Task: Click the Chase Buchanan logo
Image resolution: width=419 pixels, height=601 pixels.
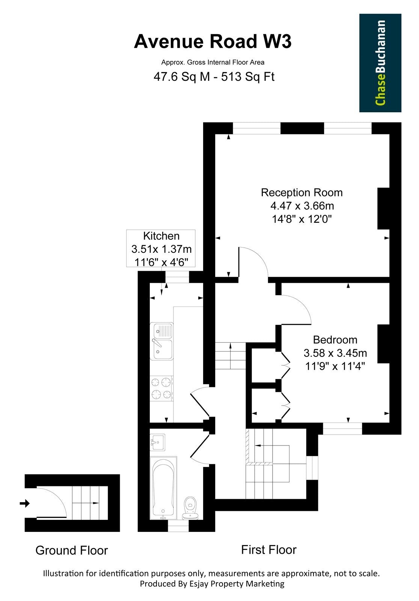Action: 380,63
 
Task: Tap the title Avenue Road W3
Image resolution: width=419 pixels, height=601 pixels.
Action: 213,42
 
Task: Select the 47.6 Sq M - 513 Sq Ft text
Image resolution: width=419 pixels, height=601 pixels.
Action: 214,77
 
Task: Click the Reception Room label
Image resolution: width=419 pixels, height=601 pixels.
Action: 302,193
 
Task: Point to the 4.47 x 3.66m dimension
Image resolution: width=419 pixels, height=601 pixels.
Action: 302,206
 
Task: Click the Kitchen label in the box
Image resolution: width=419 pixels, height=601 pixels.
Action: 161,236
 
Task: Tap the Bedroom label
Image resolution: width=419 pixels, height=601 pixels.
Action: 335,340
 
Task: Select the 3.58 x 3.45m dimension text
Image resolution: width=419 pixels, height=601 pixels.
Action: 335,353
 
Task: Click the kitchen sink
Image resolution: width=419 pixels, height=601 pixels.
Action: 161,341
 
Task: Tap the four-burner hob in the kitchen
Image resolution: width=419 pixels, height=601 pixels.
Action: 161,388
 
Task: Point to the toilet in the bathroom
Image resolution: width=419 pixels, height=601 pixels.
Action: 190,508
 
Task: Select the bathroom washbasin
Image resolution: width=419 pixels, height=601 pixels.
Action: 157,442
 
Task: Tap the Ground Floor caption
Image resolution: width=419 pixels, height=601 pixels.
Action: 72,551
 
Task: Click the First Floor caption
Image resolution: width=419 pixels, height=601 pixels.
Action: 269,550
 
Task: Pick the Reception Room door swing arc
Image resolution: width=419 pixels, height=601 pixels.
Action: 259,255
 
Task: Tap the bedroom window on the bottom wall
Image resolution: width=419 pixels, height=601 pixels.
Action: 342,429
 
